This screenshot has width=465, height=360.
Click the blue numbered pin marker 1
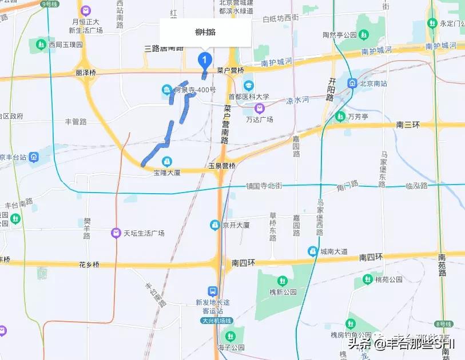pos(204,59)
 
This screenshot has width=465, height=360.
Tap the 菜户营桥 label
pos(230,70)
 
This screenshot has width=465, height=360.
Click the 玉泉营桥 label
pos(221,166)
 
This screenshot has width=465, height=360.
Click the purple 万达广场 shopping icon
pos(260,108)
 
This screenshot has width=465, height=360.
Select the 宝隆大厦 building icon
pos(167,161)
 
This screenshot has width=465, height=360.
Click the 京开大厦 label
pos(236,225)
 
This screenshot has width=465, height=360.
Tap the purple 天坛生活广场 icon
pos(116,233)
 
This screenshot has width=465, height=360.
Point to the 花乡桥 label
pos(89,265)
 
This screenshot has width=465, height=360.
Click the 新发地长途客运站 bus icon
pos(212,291)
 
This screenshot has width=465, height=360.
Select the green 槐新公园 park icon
pos(282,281)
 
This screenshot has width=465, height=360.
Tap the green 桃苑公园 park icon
pos(366,279)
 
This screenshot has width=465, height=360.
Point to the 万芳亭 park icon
pos(339,117)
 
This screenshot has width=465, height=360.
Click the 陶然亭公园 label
pos(339,35)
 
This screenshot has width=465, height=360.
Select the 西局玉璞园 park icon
pos(41,43)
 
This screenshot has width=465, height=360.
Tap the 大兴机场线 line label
pos(216,321)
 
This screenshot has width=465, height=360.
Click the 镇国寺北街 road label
pos(264,186)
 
